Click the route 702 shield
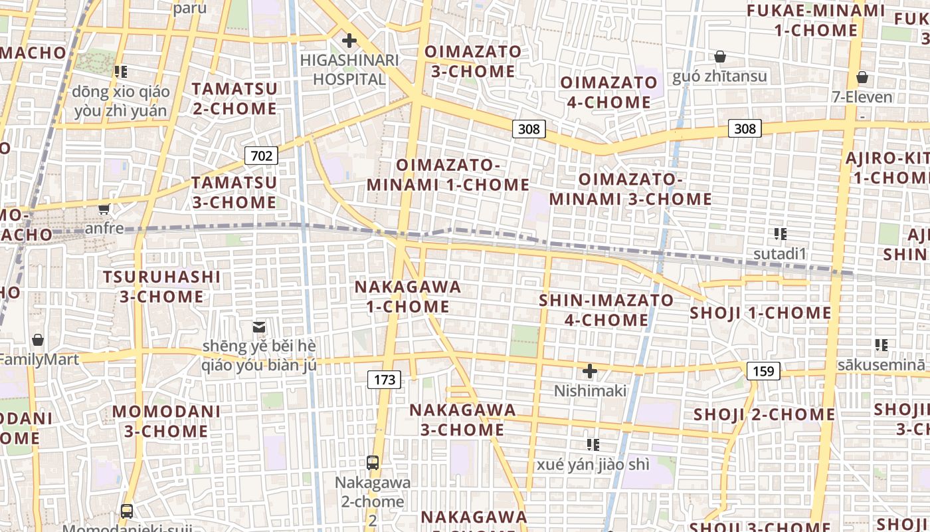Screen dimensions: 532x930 (261, 156)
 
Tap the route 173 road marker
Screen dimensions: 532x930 (385, 380)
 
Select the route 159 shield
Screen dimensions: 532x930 (763, 370)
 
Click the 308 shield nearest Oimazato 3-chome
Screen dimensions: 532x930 (529, 128)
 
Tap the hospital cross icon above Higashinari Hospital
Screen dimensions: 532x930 (349, 41)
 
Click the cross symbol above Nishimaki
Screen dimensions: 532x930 (589, 370)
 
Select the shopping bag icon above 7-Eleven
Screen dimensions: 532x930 (862, 77)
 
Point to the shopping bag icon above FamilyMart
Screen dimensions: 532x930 (38, 340)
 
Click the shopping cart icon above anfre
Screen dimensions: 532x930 (104, 209)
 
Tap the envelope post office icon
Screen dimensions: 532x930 (258, 327)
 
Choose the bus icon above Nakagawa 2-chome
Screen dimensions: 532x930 (373, 462)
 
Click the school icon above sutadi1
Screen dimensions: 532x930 (781, 233)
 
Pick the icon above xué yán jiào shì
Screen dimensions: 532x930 (593, 444)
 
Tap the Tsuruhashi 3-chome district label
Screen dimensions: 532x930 (161, 286)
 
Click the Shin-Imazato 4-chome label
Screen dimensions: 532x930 (606, 310)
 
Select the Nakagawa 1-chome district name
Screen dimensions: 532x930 (408, 297)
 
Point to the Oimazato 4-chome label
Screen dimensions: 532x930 (608, 92)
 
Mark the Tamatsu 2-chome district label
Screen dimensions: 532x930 (234, 98)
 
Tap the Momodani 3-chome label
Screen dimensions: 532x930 (166, 421)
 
